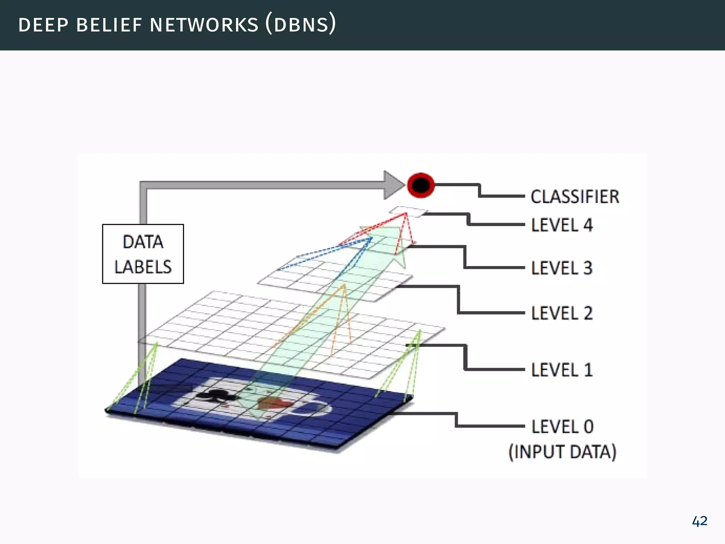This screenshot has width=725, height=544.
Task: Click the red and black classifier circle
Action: pos(421,185)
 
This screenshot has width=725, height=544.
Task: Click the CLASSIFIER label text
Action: pos(575,197)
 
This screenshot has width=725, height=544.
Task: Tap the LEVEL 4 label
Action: pos(562,225)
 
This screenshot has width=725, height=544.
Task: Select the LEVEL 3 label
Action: pos(562,268)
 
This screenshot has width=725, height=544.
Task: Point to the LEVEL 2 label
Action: pos(562,313)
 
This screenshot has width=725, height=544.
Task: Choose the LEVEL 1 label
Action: pos(562,370)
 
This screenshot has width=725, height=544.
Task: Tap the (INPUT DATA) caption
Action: pos(562,452)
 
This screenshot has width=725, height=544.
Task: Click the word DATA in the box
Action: pos(143,242)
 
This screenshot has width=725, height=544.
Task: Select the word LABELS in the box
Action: pos(143,267)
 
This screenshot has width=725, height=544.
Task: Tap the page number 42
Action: pos(700,521)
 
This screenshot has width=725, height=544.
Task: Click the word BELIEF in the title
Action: pos(109,25)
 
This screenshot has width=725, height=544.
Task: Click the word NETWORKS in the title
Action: pos(204,25)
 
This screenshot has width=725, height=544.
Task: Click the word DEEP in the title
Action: pos(43,25)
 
